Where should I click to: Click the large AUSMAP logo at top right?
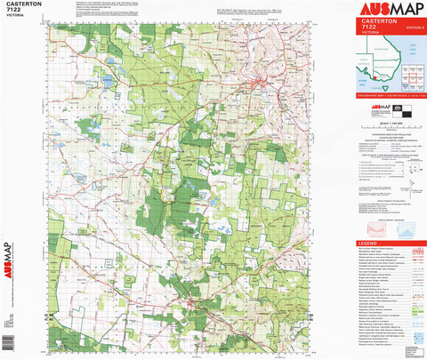(x=389, y=10)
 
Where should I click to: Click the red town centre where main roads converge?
(x=257, y=84)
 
